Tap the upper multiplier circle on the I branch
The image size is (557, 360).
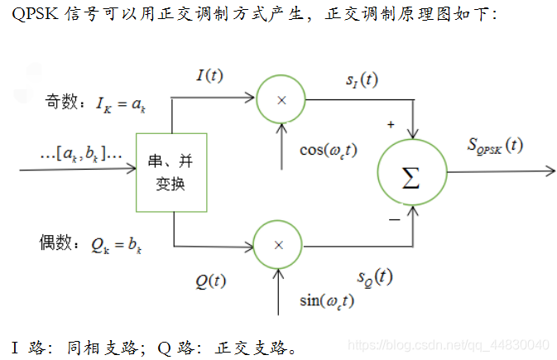coord(281,98)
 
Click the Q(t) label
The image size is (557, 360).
coord(211,281)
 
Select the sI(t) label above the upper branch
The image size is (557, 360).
coord(362,80)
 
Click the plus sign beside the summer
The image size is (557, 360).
coord(390,125)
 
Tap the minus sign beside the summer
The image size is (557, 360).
coord(394,220)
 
